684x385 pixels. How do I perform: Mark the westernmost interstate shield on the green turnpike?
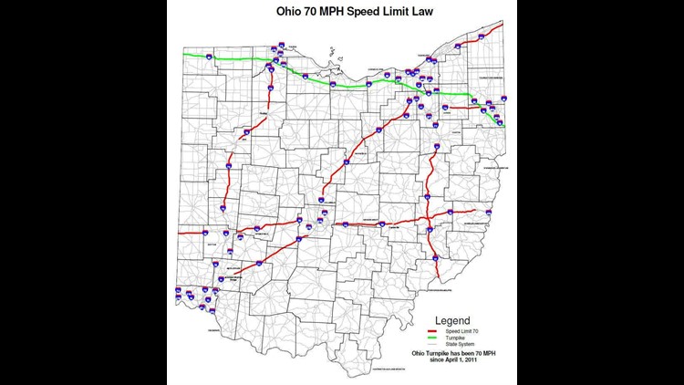[x=211, y=56]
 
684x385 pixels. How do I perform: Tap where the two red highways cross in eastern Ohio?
[x=428, y=218]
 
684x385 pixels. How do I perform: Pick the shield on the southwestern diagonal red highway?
[x=261, y=263]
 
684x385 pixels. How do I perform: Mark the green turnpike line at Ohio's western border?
[x=186, y=56]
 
